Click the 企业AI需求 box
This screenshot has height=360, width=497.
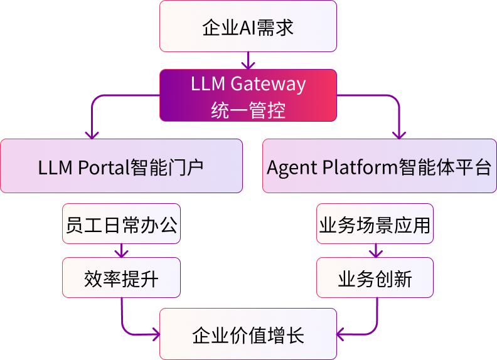click(x=248, y=26)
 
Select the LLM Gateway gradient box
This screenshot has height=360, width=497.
click(x=248, y=95)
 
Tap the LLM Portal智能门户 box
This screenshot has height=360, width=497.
click(x=121, y=166)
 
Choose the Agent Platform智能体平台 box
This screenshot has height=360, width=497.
click(x=379, y=166)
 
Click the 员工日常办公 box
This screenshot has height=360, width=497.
click(x=121, y=224)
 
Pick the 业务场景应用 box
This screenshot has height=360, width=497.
click(x=375, y=224)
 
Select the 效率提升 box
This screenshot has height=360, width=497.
click(x=121, y=278)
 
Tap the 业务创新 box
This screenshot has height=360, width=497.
click(x=375, y=278)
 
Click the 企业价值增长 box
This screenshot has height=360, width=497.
click(x=248, y=334)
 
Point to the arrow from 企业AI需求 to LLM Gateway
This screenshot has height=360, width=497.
click(x=248, y=61)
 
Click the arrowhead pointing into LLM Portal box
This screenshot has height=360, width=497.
click(x=93, y=134)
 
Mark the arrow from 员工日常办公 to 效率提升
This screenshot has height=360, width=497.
click(x=121, y=251)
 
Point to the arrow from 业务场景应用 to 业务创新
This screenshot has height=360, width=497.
click(x=375, y=251)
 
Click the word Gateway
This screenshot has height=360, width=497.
click(x=269, y=84)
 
